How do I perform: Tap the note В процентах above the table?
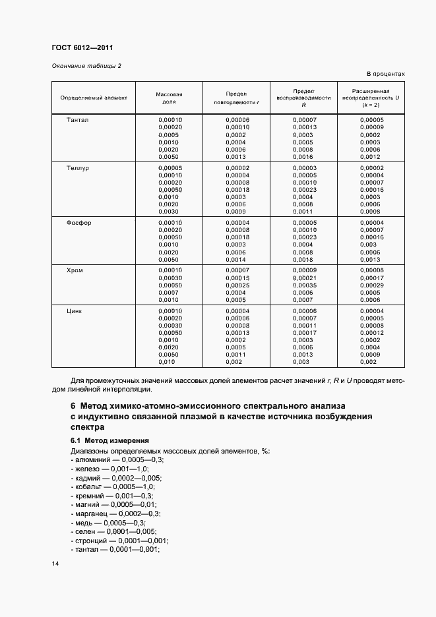coord(385,74)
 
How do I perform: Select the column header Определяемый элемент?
coord(94,98)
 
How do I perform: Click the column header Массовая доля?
coord(169,98)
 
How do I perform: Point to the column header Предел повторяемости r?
coord(236,98)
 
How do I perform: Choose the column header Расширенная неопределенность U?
coord(371,98)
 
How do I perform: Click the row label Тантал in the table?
coord(77,120)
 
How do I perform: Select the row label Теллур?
coord(78,168)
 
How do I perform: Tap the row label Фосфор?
coord(79,223)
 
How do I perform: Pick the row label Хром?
coord(75,270)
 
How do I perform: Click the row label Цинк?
coord(75,311)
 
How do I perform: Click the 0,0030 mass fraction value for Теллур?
coord(169,212)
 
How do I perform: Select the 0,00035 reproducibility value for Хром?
coord(304,285)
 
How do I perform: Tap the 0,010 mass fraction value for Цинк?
coord(168,362)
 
